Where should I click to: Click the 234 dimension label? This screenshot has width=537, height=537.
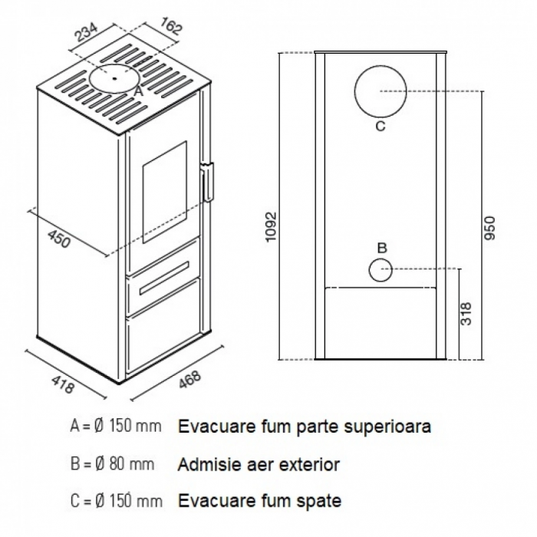pyautogui.click(x=86, y=32)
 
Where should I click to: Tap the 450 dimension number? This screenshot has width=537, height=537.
pyautogui.click(x=59, y=239)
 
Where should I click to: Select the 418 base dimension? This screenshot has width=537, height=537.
pyautogui.click(x=63, y=384)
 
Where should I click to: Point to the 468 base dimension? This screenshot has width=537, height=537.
pyautogui.click(x=189, y=380)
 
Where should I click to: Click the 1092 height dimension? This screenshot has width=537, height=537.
pyautogui.click(x=271, y=227)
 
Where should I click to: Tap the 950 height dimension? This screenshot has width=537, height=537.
pyautogui.click(x=489, y=228)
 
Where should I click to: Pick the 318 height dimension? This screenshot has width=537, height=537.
pyautogui.click(x=466, y=313)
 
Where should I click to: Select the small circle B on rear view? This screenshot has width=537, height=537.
pyautogui.click(x=369, y=270)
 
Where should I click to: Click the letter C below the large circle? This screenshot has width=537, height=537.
pyautogui.click(x=381, y=126)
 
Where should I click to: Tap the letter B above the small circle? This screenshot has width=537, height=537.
pyautogui.click(x=382, y=248)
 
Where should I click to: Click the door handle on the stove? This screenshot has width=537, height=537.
pyautogui.click(x=209, y=181)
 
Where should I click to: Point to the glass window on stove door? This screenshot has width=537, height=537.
pyautogui.click(x=165, y=192)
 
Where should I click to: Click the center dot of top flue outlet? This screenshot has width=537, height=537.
pyautogui.click(x=115, y=78)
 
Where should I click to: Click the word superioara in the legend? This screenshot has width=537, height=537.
pyautogui.click(x=387, y=427)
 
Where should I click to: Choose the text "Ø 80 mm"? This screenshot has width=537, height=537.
pyautogui.click(x=124, y=464)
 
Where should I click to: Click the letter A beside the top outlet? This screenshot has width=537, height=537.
pyautogui.click(x=137, y=91)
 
